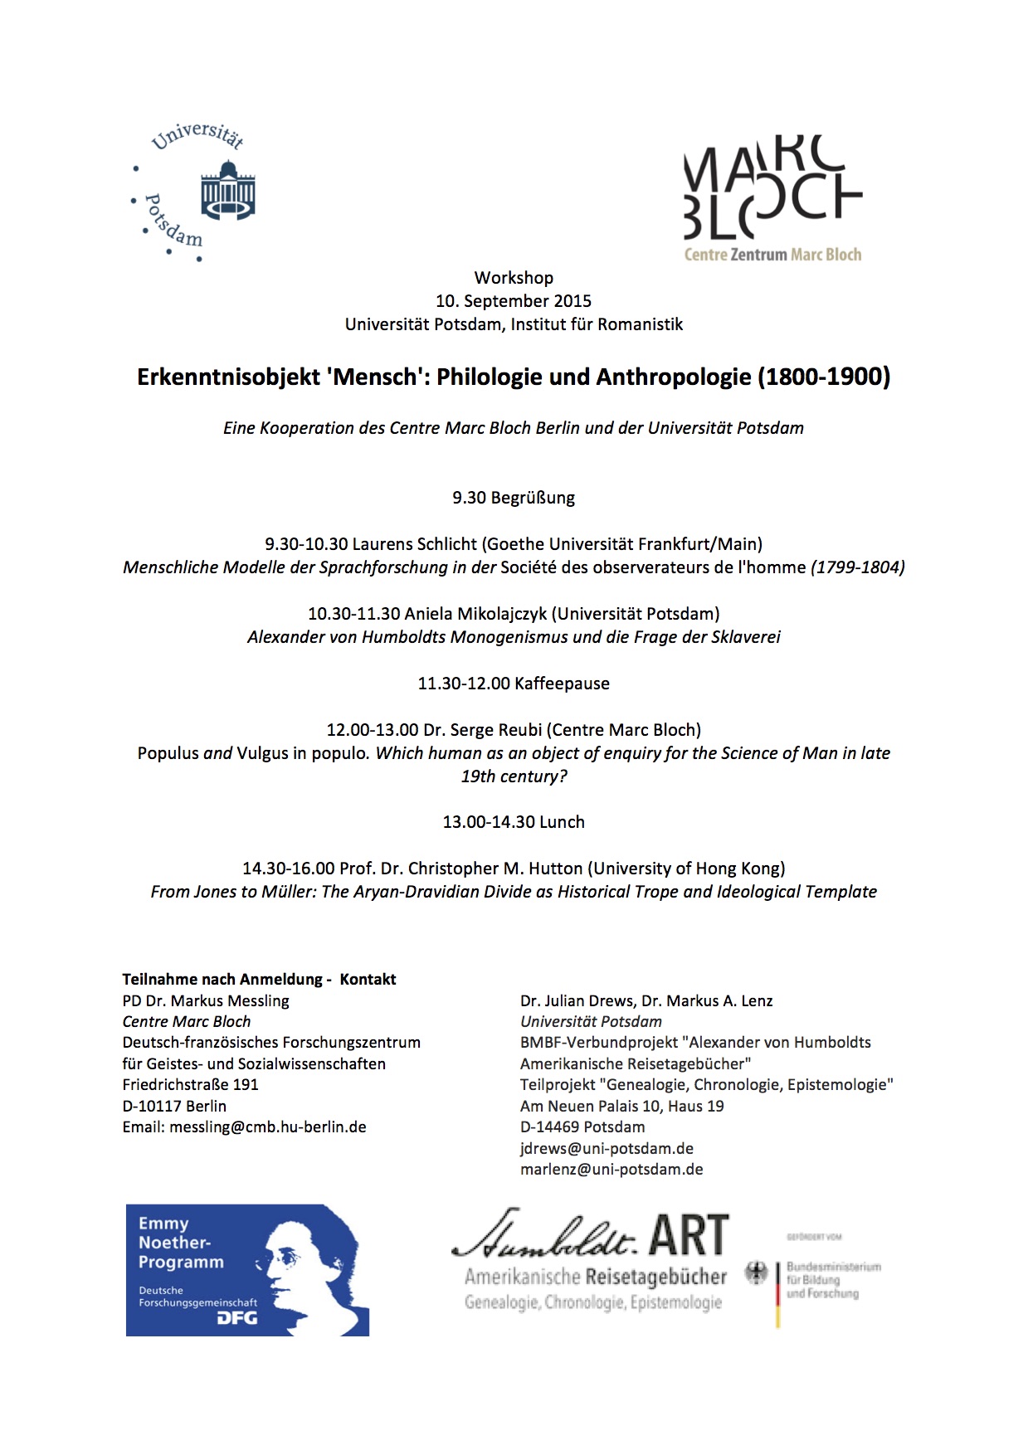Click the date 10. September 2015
pos(514,301)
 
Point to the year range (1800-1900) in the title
pos(823,377)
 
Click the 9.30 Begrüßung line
pos(514,498)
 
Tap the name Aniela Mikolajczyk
pos(475,614)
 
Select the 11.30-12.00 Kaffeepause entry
pos(514,684)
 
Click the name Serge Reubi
pos(496,730)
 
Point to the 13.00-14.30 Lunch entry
pos(514,822)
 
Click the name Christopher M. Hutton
pos(482,869)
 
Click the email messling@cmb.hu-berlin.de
pos(267,1127)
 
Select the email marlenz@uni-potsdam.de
pos(611,1170)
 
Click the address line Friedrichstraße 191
pos(190,1085)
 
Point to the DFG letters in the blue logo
pos(237,1317)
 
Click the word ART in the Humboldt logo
pos(689,1235)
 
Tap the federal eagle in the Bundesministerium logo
pos(756,1274)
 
